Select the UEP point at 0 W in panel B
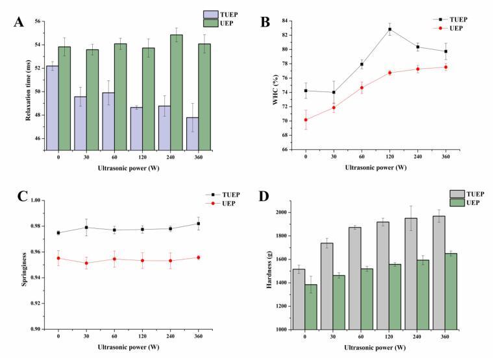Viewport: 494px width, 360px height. pyautogui.click(x=305, y=119)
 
